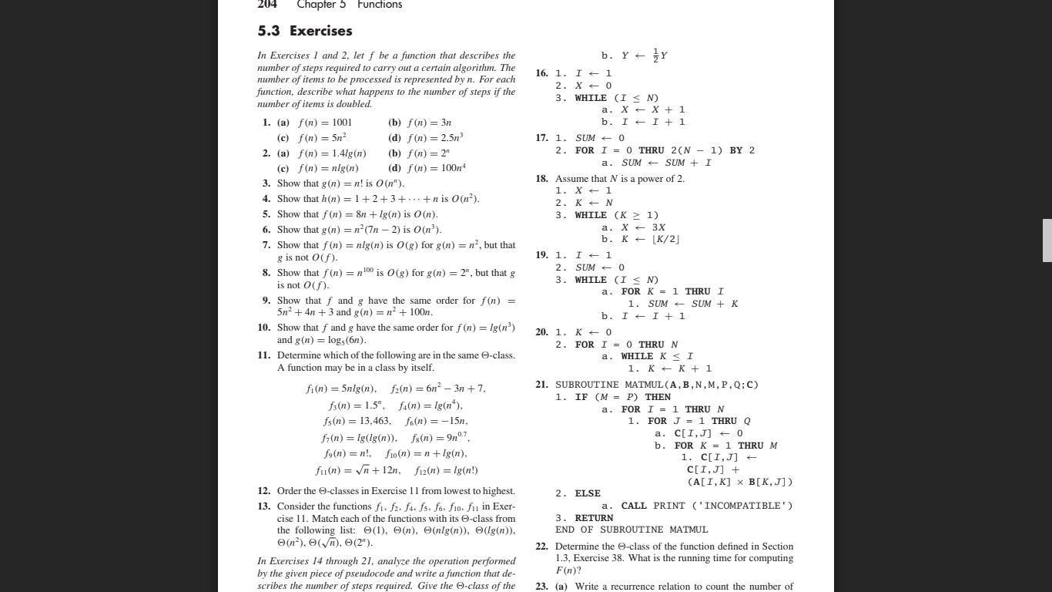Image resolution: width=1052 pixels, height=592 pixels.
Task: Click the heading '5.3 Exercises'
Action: click(305, 31)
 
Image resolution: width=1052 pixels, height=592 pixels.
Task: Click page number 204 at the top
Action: click(266, 5)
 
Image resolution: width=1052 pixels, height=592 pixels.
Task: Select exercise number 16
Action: click(541, 73)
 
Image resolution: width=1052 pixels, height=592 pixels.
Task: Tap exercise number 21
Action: click(541, 385)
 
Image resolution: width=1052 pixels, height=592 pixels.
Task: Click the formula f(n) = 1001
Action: click(324, 123)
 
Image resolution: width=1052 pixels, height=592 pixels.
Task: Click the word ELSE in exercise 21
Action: click(588, 493)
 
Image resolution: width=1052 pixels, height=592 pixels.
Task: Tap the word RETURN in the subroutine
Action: click(594, 518)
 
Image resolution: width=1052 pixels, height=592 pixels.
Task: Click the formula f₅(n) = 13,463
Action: click(357, 421)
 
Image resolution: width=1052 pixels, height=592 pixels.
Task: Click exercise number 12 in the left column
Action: click(263, 491)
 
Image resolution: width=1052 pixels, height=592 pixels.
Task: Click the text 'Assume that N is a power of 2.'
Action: click(619, 179)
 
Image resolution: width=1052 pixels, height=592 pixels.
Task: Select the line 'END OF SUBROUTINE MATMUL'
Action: click(632, 530)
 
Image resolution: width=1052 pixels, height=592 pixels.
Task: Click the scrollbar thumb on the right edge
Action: click(1047, 240)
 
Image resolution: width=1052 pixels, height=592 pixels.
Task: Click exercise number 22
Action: click(541, 547)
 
